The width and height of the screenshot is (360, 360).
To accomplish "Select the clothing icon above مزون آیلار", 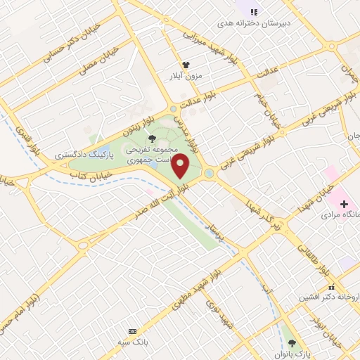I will [186, 64].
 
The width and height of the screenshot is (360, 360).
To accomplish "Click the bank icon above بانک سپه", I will [131, 330].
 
